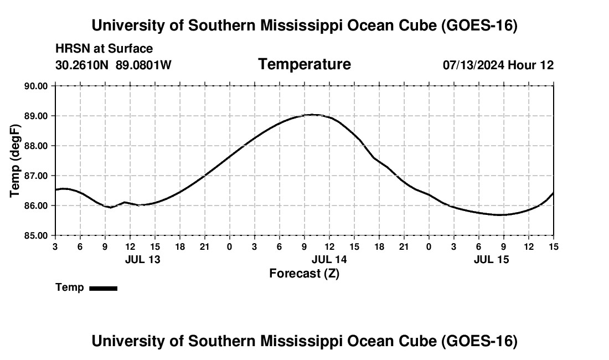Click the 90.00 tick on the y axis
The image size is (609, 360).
(36, 86)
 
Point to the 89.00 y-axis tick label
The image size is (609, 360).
(36, 116)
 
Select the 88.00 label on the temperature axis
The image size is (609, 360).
(36, 146)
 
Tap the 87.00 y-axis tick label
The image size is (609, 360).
(36, 176)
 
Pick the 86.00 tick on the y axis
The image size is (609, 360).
(36, 206)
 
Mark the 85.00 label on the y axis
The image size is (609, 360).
(36, 236)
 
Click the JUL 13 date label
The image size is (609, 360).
(142, 259)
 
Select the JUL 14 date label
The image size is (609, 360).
(329, 259)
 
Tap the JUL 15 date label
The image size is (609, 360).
(491, 259)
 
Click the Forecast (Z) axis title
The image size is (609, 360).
(304, 274)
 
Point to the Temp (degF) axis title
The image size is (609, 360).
(15, 161)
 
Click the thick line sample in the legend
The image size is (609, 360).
(104, 288)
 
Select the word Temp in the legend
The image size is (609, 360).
(70, 287)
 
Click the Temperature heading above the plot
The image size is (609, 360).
(304, 64)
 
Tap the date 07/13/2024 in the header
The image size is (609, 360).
(474, 65)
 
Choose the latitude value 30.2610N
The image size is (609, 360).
(82, 65)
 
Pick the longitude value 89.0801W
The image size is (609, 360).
(143, 65)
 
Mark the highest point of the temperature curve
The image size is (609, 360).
(312, 115)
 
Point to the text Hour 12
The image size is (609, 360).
(531, 65)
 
